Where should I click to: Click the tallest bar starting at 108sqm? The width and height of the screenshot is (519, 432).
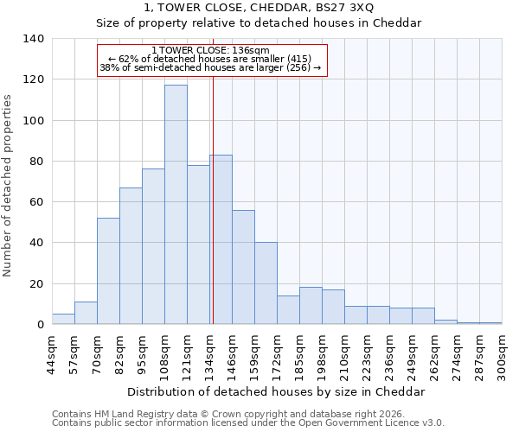click(x=176, y=205)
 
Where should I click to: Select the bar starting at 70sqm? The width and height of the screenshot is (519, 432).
click(x=108, y=271)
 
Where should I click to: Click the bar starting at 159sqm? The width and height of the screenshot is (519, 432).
click(x=266, y=283)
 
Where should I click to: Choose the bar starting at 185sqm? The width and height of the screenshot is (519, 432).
click(x=311, y=306)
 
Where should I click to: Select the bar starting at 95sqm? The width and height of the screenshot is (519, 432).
click(x=153, y=246)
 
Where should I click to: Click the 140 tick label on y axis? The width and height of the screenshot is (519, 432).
click(x=34, y=39)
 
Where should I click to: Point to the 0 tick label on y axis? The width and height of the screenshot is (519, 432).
click(x=41, y=325)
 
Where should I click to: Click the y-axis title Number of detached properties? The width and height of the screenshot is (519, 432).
click(x=8, y=186)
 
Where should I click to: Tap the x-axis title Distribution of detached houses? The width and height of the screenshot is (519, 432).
click(x=276, y=391)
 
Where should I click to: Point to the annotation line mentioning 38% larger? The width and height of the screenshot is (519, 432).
click(x=210, y=67)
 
